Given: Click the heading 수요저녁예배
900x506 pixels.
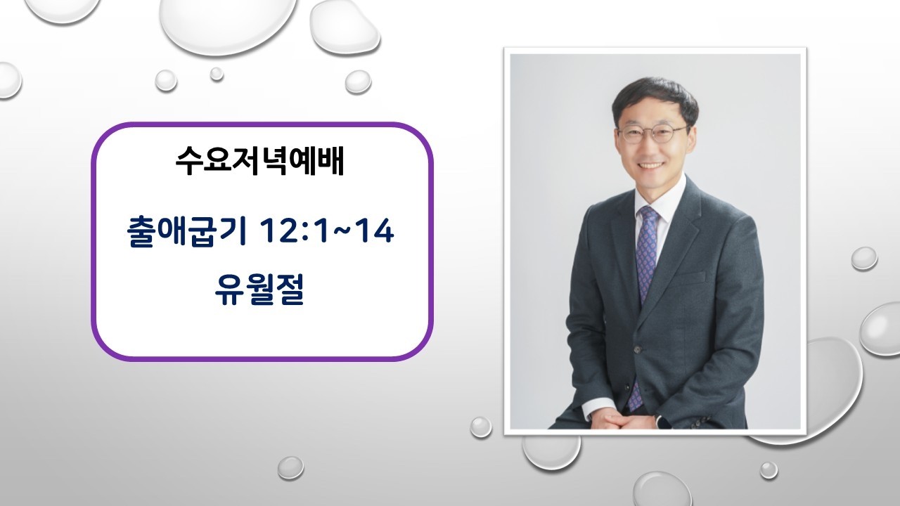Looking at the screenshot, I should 259,162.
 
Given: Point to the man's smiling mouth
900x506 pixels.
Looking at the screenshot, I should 651,167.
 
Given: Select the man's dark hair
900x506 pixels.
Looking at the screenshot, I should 654,98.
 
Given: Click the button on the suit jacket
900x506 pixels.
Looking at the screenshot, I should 637,348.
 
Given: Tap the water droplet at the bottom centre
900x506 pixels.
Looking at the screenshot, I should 290,467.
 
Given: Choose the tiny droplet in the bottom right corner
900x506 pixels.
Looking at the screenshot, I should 768,469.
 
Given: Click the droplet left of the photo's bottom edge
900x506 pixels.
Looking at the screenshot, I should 481,426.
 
